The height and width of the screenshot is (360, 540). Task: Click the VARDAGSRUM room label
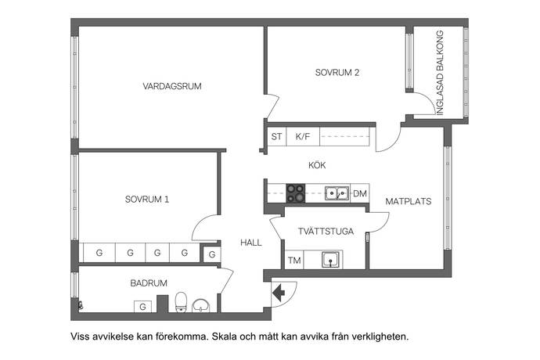click(x=172, y=86)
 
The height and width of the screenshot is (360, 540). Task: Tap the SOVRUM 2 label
click(x=337, y=72)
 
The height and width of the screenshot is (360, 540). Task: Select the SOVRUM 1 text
click(x=147, y=199)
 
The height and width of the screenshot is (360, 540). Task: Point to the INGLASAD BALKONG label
click(x=440, y=73)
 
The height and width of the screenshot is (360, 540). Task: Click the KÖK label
click(x=317, y=165)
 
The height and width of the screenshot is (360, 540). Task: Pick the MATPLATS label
click(x=408, y=201)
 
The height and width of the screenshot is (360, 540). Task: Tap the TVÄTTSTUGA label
click(x=326, y=231)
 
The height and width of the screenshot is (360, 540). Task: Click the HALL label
click(x=251, y=243)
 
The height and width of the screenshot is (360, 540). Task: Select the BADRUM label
click(x=149, y=283)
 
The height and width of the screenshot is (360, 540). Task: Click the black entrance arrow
click(x=279, y=293)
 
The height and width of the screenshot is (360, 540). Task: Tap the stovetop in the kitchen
click(x=296, y=193)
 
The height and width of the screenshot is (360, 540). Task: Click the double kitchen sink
click(x=337, y=193)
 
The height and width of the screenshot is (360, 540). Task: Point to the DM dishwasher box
click(x=360, y=193)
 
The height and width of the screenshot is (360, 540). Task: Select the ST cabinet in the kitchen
click(x=276, y=136)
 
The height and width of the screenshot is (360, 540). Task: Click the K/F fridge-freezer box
click(x=303, y=136)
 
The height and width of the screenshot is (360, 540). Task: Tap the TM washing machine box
click(x=294, y=260)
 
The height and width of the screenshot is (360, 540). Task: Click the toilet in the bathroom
click(x=181, y=302)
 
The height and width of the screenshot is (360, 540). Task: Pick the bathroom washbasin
click(x=201, y=305)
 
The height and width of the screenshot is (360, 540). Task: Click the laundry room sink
click(x=330, y=260)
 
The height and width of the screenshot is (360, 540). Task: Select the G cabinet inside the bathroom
click(x=142, y=307)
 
